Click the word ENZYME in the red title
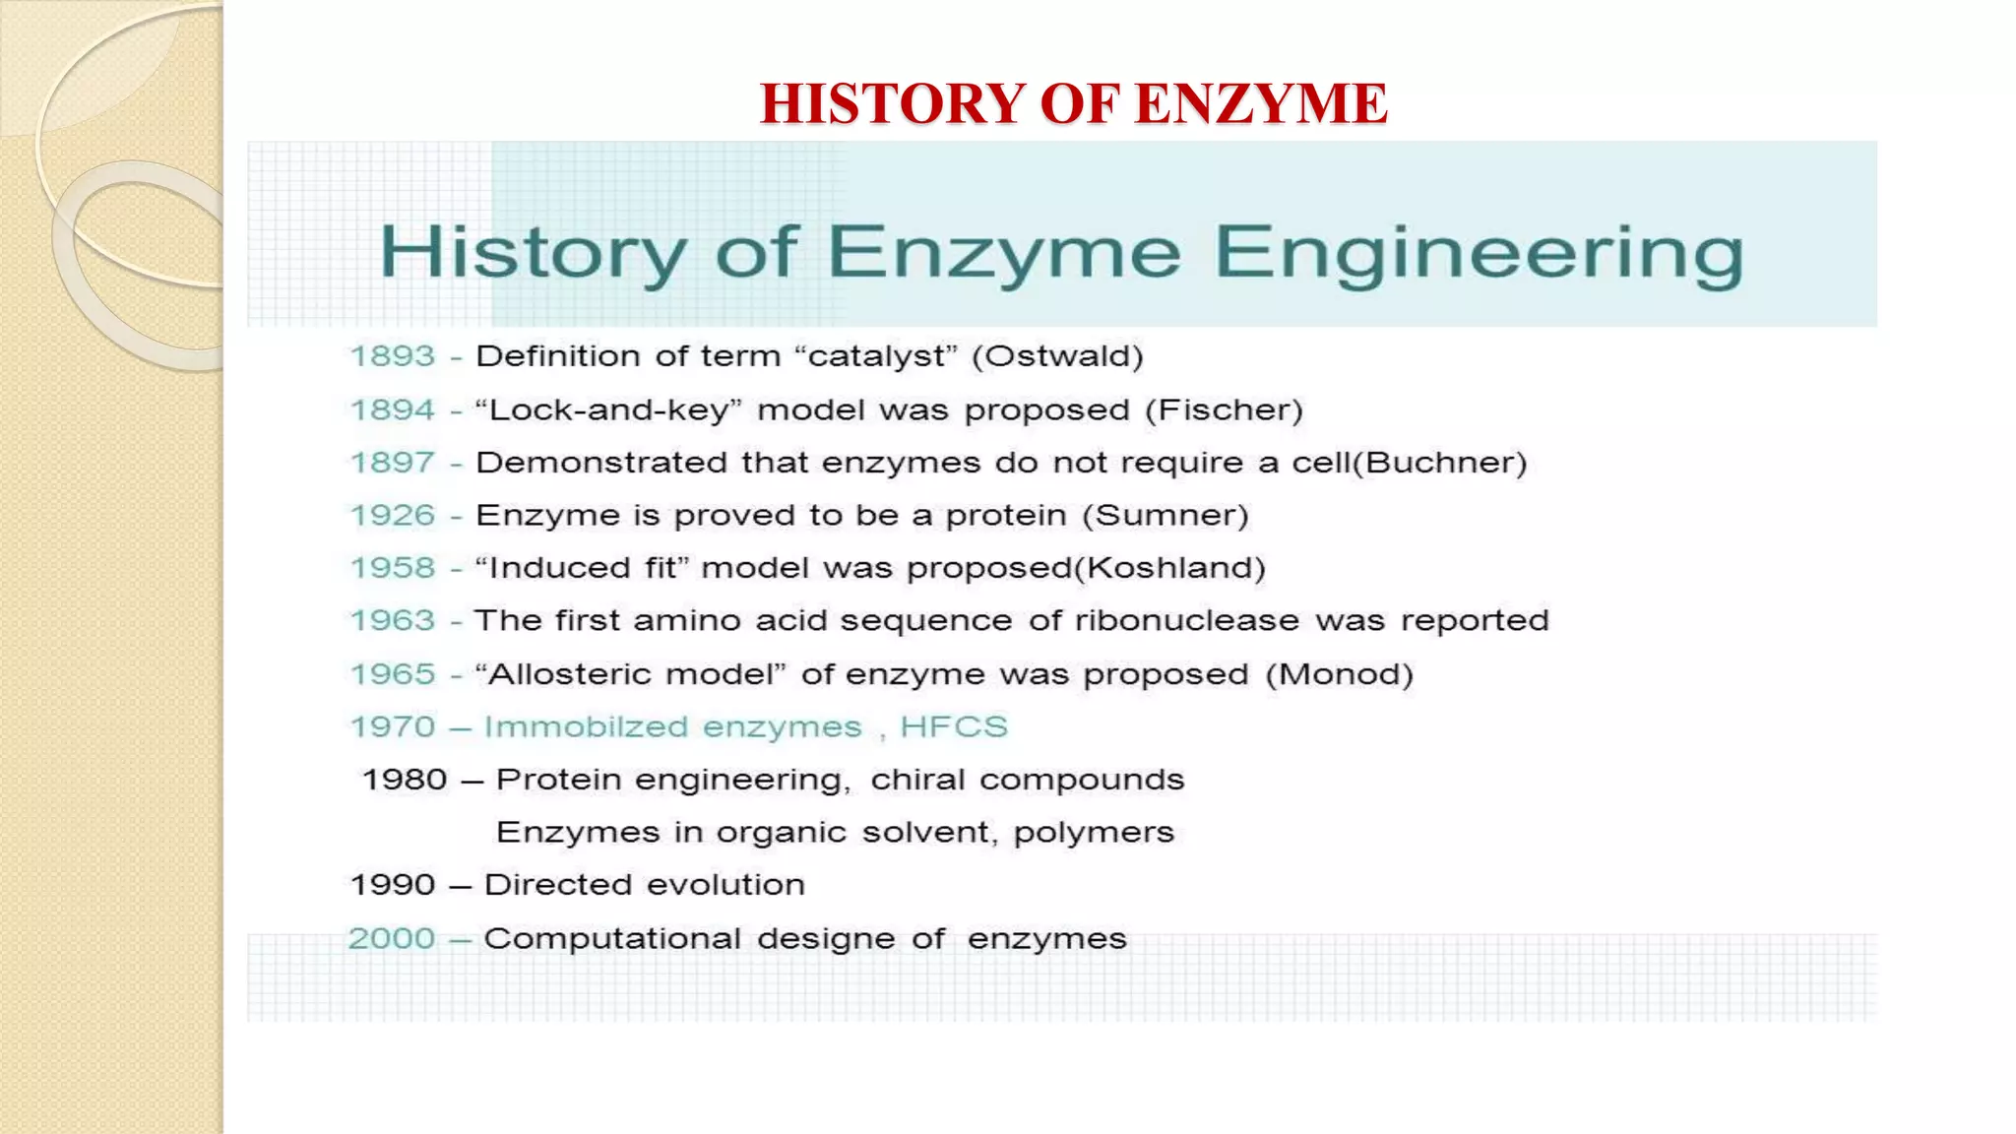coord(1260,103)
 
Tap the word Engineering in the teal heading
coord(1479,254)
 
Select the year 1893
coord(393,355)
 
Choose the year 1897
coord(393,462)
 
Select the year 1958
coord(393,568)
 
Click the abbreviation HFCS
coord(954,726)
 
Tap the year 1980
coord(405,780)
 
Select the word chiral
coord(916,780)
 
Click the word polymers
coord(1094,833)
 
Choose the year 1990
coord(393,885)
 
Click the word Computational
coord(611,939)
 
